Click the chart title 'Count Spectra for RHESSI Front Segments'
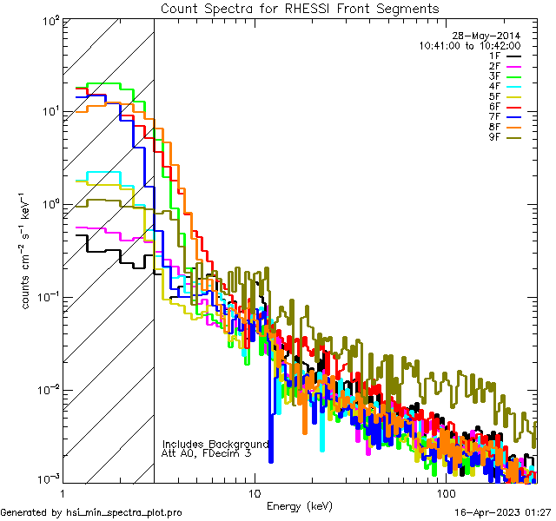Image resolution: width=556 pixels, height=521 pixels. click(x=300, y=8)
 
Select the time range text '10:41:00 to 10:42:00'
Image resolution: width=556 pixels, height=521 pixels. click(x=469, y=45)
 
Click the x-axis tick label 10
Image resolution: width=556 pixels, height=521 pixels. click(x=254, y=492)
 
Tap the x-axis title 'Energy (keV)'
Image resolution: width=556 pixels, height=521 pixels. click(x=300, y=505)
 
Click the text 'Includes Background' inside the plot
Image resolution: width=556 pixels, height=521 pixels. click(x=215, y=444)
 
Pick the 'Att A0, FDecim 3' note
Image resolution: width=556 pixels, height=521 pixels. click(x=207, y=453)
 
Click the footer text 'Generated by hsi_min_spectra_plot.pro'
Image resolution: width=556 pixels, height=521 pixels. click(x=91, y=513)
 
